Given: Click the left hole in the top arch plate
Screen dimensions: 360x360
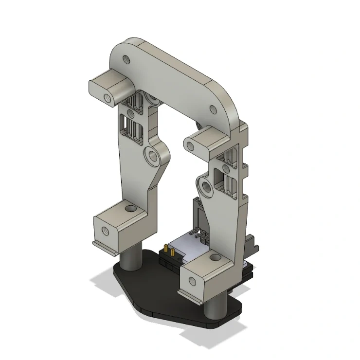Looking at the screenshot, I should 127,60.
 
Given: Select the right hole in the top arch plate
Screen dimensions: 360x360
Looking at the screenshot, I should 213,109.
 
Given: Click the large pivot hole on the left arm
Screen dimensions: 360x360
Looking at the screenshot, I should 154,156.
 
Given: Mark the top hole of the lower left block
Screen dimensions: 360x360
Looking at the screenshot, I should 130,209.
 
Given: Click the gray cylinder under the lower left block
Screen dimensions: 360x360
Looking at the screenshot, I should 131,257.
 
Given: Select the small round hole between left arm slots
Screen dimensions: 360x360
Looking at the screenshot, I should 130,114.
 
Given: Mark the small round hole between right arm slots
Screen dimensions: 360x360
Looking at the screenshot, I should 225,168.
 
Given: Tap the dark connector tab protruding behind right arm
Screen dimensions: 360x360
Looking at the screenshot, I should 254,246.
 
